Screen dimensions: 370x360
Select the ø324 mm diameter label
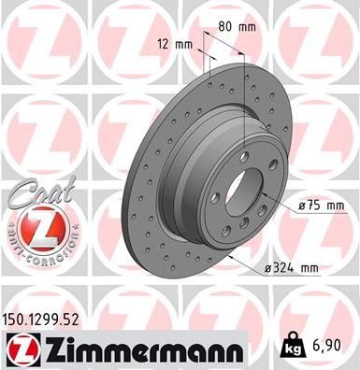(x=291, y=268)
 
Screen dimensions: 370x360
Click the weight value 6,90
(x=331, y=344)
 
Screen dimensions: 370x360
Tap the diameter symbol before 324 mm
(x=267, y=268)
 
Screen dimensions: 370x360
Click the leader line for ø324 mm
(x=250, y=264)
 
